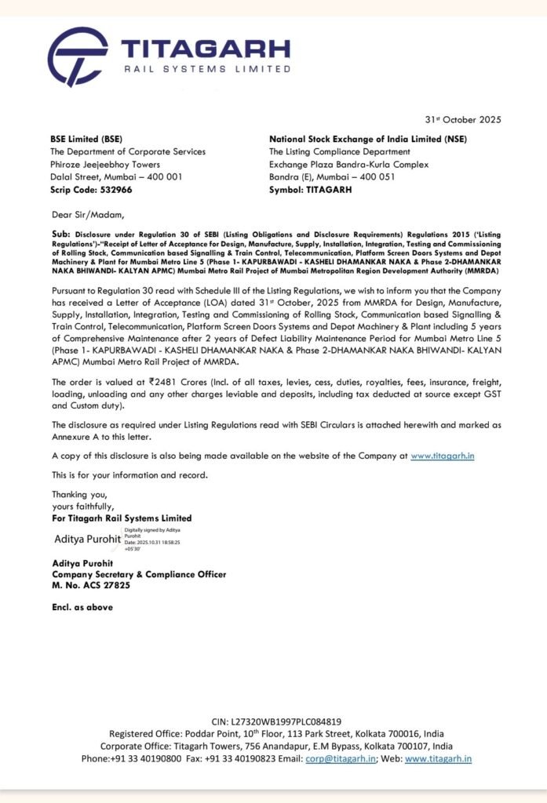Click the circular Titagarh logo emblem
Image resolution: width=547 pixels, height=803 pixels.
(77, 56)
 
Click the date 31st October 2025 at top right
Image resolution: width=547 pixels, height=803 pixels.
(458, 119)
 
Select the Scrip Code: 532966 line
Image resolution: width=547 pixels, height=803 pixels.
(91, 189)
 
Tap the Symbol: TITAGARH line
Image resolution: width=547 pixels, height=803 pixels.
(311, 189)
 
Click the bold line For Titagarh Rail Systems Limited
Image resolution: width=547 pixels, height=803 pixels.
(121, 518)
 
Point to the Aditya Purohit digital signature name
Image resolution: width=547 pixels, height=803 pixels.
(87, 540)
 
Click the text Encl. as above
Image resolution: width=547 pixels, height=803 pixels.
(82, 607)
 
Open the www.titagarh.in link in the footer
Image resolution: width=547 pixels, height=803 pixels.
(438, 758)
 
